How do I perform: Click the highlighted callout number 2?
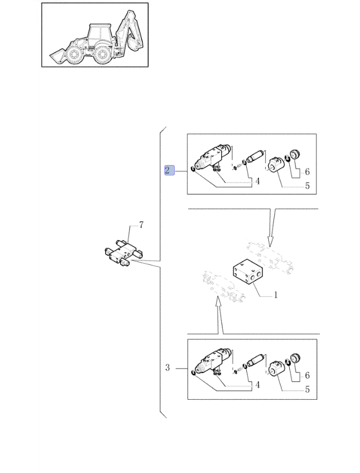170,170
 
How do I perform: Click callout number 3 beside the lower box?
168,368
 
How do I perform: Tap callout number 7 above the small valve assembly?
141,225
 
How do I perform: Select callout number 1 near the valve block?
275,295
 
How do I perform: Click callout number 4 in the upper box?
257,181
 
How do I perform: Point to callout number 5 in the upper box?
307,186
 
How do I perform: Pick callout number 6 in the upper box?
307,171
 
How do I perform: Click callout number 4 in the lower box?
257,385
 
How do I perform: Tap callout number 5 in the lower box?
307,389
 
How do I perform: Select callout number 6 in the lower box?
307,375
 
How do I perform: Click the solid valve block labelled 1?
248,271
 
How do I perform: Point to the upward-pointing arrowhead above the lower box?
217,302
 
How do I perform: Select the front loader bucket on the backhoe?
57,56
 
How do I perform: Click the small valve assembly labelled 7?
124,253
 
